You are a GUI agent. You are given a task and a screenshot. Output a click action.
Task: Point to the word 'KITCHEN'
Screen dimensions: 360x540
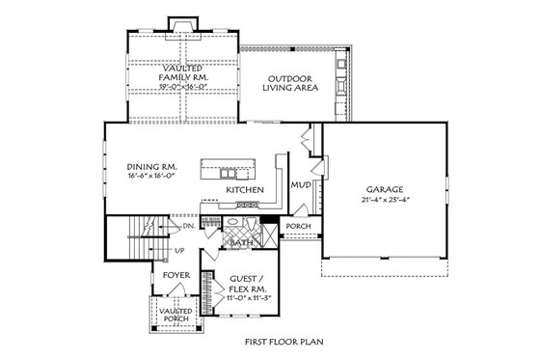pyautogui.click(x=245, y=191)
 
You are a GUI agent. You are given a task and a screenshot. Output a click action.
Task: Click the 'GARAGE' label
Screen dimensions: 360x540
pyautogui.click(x=384, y=189)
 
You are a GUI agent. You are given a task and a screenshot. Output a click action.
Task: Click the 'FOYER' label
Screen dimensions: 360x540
pyautogui.click(x=175, y=275)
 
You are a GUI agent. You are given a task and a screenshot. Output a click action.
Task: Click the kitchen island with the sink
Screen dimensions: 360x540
pyautogui.click(x=231, y=169)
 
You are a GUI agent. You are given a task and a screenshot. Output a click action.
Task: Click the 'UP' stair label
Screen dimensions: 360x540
pyautogui.click(x=180, y=252)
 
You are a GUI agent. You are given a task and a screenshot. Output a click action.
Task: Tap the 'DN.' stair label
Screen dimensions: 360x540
pyautogui.click(x=189, y=225)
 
